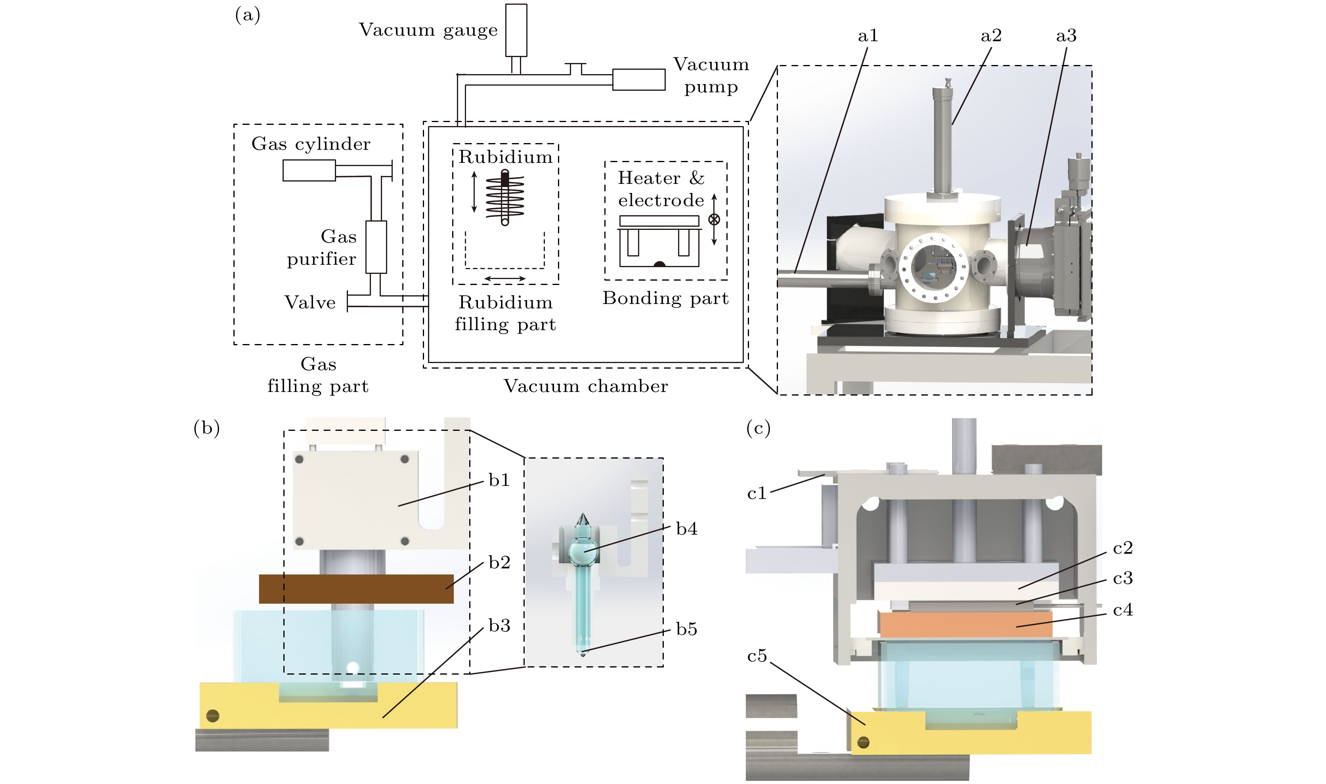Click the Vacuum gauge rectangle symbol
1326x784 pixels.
tap(516, 30)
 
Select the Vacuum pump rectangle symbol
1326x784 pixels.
tap(638, 80)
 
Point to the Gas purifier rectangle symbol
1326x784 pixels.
tap(376, 247)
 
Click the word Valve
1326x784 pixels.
tap(310, 303)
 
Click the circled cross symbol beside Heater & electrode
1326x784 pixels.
tap(714, 220)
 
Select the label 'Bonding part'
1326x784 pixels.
tap(665, 298)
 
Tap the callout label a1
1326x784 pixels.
tap(867, 36)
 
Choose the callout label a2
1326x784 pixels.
tap(991, 36)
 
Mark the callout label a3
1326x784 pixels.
tap(1066, 36)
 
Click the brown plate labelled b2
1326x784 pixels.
tap(356, 589)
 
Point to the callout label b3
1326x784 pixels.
tap(499, 626)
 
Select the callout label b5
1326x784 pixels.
tap(686, 629)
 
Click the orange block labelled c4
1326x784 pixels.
tap(965, 624)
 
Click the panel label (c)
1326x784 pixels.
tap(758, 428)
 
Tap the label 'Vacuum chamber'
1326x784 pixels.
tap(586, 386)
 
